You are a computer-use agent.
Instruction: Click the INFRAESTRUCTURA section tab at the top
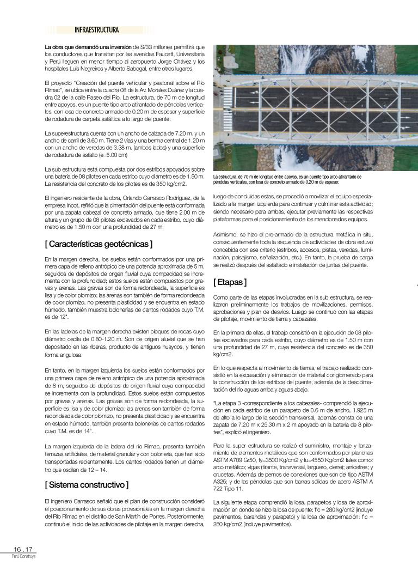point(96,30)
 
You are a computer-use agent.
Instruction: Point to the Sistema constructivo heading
point(87,484)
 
